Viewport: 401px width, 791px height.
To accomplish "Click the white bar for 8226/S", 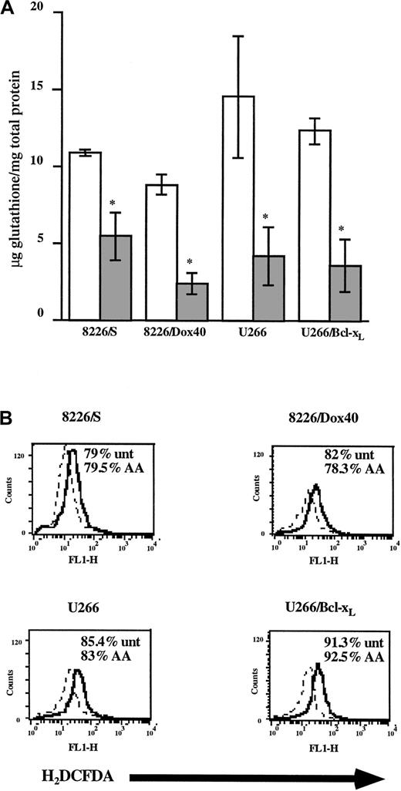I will pyautogui.click(x=85, y=235).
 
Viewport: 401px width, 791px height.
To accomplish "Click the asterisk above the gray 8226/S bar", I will pyautogui.click(x=113, y=204).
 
